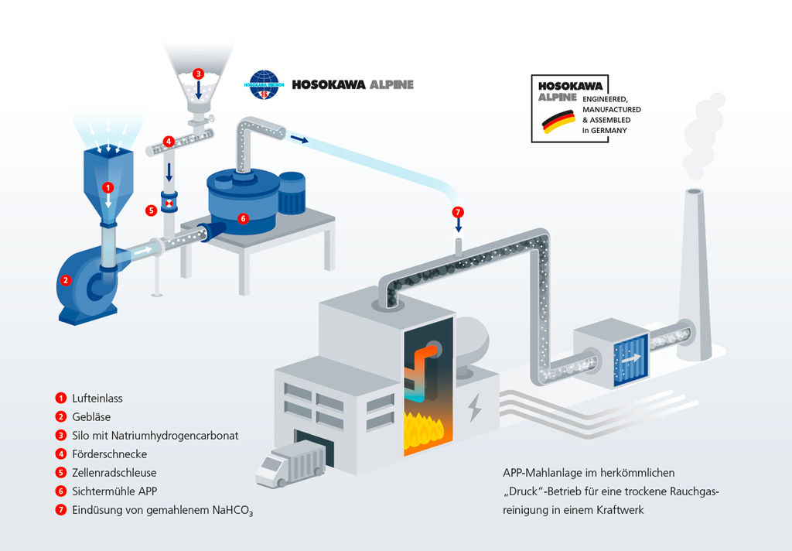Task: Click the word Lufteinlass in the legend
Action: click(97, 399)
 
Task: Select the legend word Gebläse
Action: click(91, 417)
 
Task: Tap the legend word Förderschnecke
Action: click(109, 454)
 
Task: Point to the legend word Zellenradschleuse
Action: click(114, 473)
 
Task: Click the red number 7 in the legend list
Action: click(60, 510)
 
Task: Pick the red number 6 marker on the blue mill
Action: click(243, 218)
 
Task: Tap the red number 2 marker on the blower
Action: click(66, 281)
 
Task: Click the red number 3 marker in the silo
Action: click(198, 74)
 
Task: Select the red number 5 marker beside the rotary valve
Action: click(151, 210)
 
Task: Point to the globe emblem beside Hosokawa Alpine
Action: click(265, 84)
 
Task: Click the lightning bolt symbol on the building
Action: click(474, 407)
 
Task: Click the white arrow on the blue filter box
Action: click(630, 358)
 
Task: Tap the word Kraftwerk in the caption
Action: click(618, 510)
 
